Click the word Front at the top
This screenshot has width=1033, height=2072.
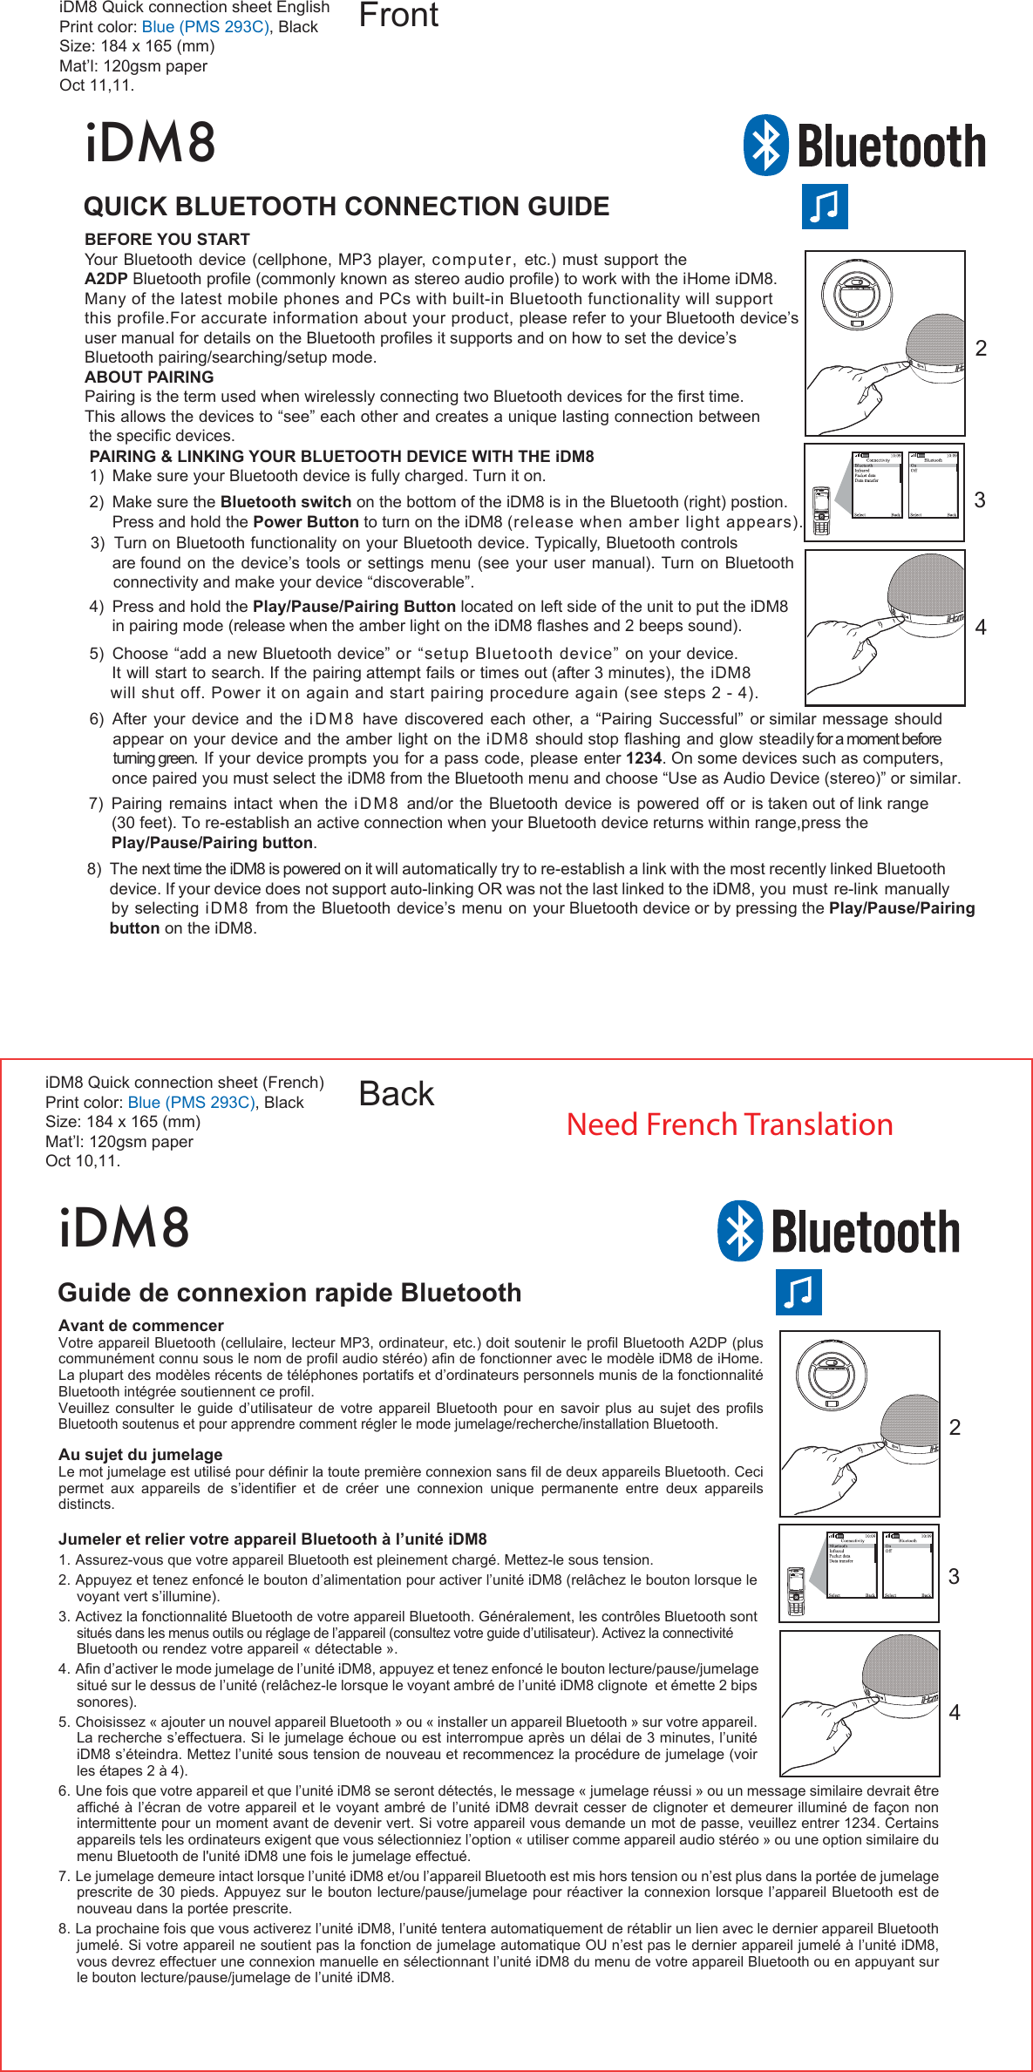click(398, 16)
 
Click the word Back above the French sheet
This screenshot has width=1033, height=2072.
click(396, 1094)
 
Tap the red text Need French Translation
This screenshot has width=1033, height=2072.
click(730, 1124)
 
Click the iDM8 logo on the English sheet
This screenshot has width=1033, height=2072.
click(151, 143)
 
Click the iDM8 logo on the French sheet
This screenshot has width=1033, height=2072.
click(125, 1227)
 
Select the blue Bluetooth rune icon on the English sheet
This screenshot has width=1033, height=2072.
click(766, 146)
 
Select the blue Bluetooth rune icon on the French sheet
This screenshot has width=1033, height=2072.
click(740, 1231)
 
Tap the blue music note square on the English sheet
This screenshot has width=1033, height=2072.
click(825, 207)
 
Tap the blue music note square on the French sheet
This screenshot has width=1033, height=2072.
click(799, 1292)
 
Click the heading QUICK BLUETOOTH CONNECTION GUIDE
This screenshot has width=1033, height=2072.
click(346, 207)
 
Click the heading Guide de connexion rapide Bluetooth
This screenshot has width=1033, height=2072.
click(289, 1292)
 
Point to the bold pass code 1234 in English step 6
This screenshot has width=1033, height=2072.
click(643, 758)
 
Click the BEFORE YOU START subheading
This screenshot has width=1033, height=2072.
click(167, 239)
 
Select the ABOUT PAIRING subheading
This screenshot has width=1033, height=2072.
click(149, 377)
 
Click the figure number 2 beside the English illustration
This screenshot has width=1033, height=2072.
click(981, 349)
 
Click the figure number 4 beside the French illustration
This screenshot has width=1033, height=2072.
click(955, 1712)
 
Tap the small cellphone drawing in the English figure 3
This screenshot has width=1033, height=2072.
click(820, 510)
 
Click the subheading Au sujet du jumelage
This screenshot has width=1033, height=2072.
click(140, 1454)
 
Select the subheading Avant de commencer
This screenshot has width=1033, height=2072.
click(141, 1325)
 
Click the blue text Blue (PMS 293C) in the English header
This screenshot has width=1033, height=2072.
click(206, 27)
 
